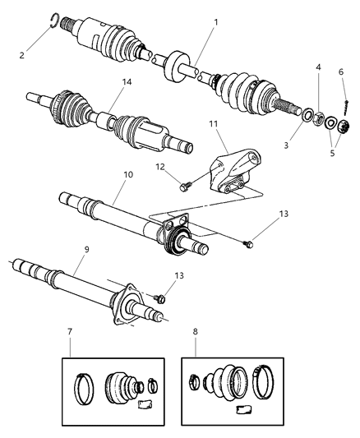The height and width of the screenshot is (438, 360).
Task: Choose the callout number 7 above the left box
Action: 69,333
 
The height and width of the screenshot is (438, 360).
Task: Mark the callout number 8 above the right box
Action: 194,334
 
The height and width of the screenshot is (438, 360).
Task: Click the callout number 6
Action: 339,71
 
